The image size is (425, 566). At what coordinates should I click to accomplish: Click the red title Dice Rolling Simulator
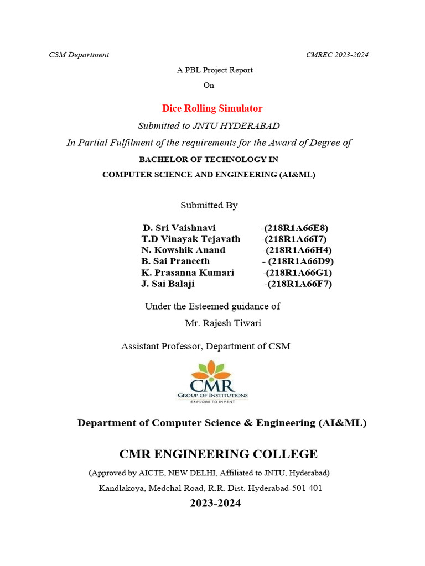212,108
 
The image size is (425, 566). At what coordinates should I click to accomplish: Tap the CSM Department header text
79,55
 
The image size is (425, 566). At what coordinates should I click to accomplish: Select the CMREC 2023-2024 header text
337,55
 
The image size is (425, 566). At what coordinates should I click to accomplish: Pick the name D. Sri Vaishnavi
179,228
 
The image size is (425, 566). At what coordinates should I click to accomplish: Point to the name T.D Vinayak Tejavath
191,239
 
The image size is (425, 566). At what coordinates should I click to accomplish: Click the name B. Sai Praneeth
175,261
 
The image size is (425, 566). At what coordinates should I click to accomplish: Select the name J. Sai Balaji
168,284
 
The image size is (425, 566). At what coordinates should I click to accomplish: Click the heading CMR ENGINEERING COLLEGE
218,454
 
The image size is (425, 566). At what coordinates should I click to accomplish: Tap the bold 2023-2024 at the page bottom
215,504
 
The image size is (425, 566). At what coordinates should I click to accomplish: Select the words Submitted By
209,205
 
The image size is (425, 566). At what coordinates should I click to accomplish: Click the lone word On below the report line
209,85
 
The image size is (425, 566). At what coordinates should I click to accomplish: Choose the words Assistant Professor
161,346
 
